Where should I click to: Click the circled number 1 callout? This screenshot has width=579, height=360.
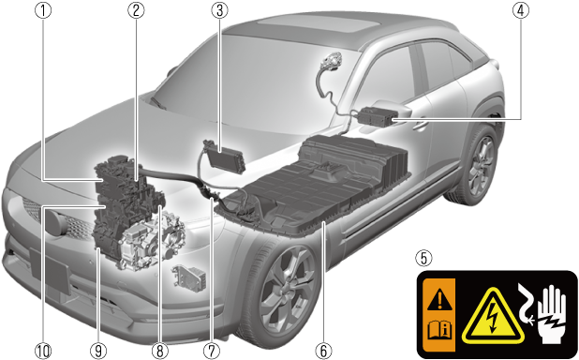click(43, 10)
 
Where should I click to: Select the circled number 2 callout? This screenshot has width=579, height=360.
click(136, 10)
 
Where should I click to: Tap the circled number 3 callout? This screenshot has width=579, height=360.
click(220, 10)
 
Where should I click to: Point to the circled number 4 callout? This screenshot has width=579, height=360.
click(521, 10)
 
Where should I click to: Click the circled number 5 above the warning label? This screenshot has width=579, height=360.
click(423, 258)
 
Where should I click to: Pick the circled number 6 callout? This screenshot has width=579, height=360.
click(323, 351)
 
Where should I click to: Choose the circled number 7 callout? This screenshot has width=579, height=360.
click(213, 351)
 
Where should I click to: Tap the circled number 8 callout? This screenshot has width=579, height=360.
click(160, 351)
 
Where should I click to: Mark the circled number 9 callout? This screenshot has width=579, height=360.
click(97, 351)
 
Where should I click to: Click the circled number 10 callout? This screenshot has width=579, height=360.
click(43, 351)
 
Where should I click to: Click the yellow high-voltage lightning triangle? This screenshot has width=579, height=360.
click(493, 316)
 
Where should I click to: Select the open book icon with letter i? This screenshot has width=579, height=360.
click(439, 330)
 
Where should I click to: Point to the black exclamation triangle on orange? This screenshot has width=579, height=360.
click(439, 300)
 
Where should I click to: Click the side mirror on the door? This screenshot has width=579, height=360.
click(393, 111)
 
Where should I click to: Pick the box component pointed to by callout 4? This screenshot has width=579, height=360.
click(376, 116)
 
